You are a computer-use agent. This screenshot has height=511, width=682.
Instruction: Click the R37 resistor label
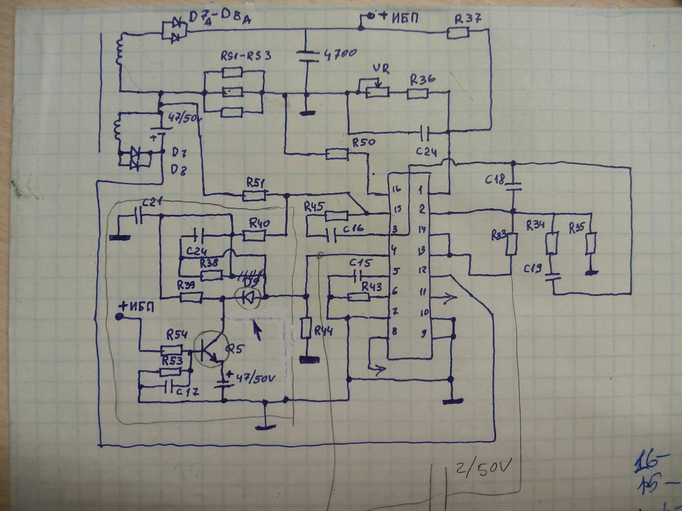(x=468, y=19)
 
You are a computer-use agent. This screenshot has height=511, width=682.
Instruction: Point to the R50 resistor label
(x=364, y=142)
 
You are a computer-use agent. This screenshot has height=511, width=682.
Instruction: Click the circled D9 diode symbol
(x=248, y=297)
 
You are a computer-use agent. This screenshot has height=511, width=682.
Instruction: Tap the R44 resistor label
(x=323, y=331)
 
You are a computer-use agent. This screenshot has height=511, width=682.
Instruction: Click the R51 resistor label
(x=256, y=183)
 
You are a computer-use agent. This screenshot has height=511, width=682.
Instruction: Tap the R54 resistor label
(x=177, y=335)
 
